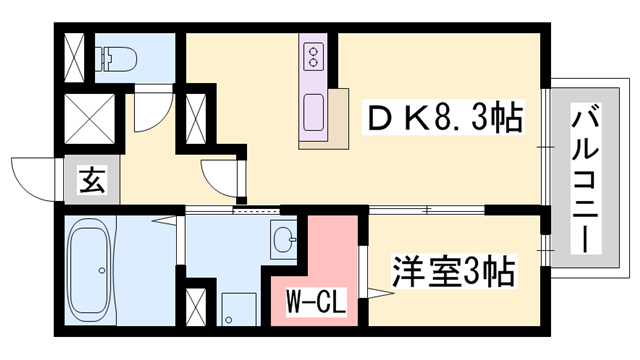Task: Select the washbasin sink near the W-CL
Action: tap(283, 239)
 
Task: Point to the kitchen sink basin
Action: tap(311, 108)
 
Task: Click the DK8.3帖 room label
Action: tap(440, 121)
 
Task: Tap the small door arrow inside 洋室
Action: tap(375, 293)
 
